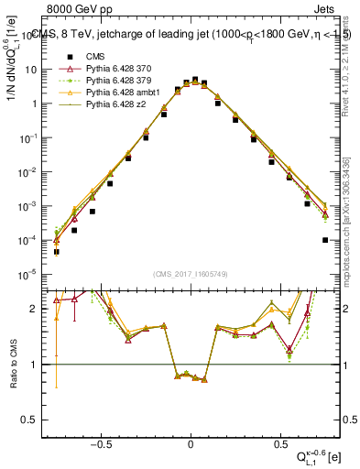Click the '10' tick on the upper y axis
(30, 70)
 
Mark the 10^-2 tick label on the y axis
(28, 172)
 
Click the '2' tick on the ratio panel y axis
(35, 309)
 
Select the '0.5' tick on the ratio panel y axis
(31, 420)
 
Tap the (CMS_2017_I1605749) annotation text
(191, 274)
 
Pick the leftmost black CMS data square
(56, 251)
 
